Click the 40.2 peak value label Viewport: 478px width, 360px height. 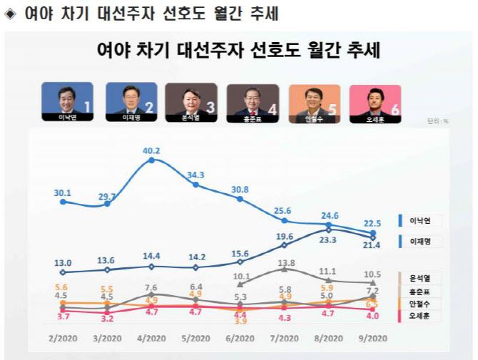tap(151, 151)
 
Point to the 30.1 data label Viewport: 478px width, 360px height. tap(63, 190)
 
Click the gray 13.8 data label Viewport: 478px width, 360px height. tap(285, 263)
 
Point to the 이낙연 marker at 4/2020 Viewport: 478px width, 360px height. tap(151, 161)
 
